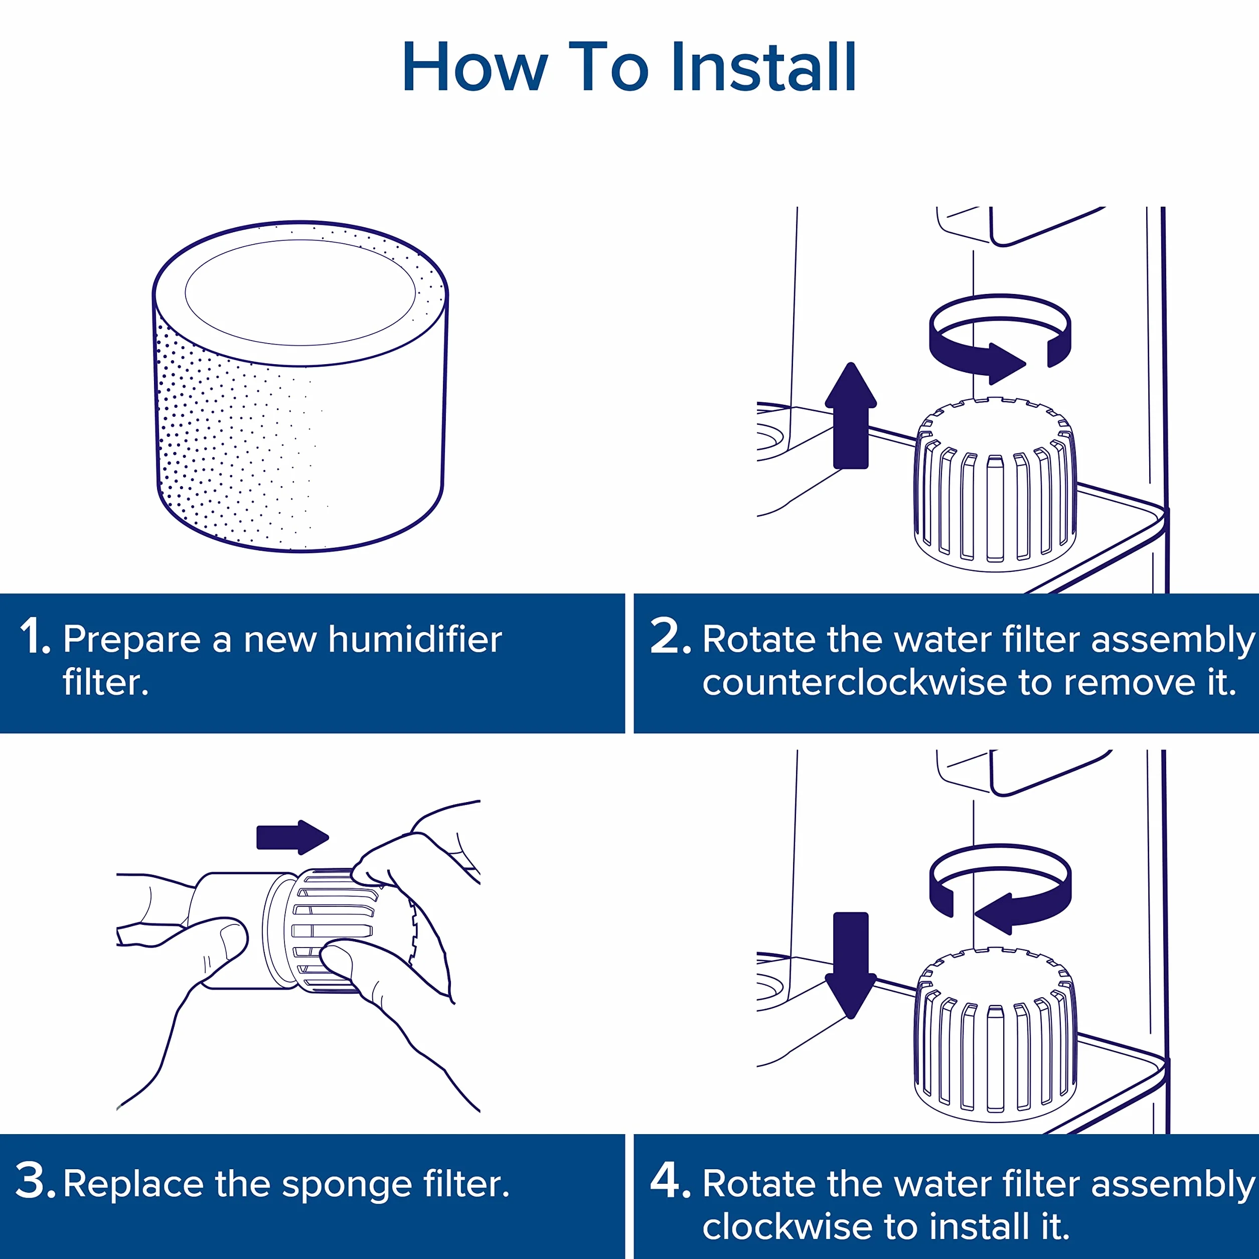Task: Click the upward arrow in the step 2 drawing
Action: (x=850, y=416)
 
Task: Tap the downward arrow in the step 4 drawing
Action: (x=850, y=965)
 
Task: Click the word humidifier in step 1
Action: (x=415, y=639)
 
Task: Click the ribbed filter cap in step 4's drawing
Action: (x=995, y=1034)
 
